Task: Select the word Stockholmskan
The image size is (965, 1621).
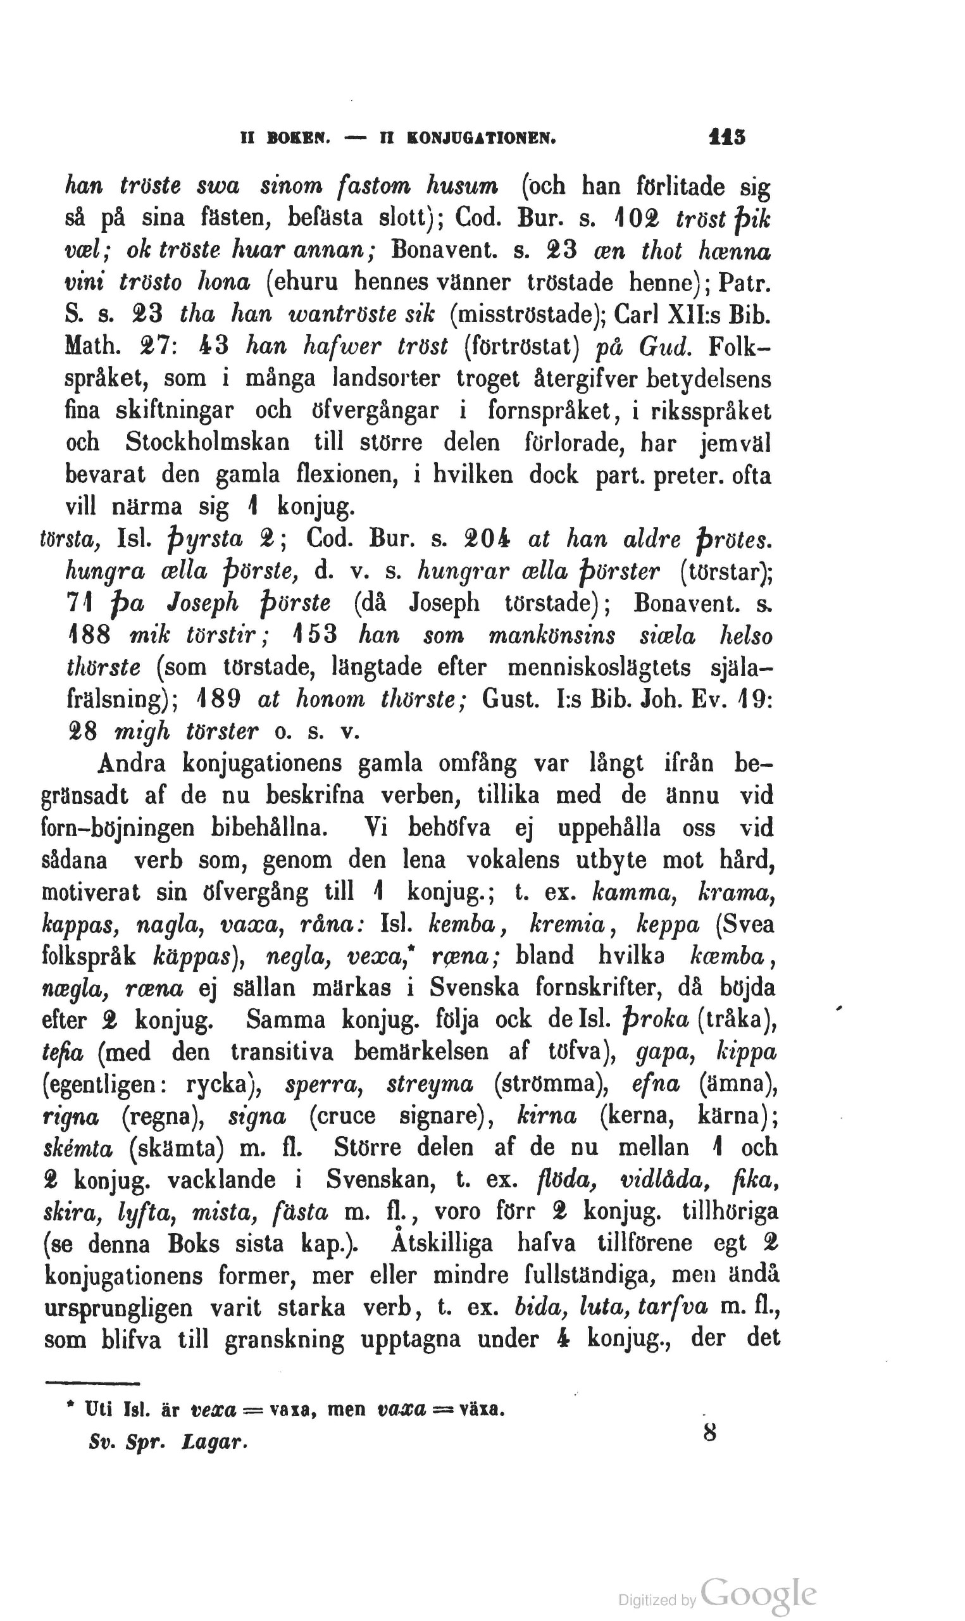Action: point(208,443)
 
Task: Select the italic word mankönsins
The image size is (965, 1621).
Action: point(551,635)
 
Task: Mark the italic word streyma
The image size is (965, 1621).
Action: point(430,1084)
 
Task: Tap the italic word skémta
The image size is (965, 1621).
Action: point(77,1149)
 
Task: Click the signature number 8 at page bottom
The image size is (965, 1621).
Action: point(709,1432)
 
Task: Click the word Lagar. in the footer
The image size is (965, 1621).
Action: point(215,1442)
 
